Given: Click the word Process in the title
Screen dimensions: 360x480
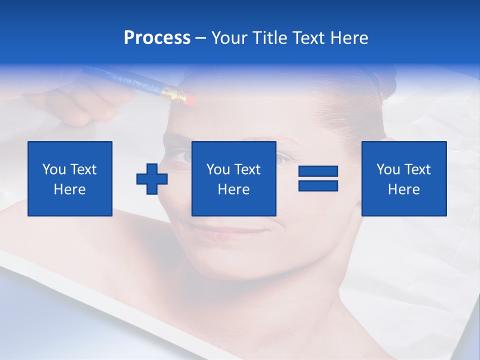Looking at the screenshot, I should click(157, 38).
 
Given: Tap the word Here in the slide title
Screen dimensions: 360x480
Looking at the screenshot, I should click(349, 38).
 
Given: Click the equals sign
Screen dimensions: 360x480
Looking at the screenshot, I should click(318, 178).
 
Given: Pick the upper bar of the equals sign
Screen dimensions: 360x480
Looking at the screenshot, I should click(318, 171).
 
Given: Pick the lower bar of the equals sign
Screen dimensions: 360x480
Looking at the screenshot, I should click(318, 186).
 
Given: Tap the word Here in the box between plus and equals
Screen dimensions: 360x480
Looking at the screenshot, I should click(234, 189).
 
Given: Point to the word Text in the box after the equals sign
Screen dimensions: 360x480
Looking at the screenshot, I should click(417, 169).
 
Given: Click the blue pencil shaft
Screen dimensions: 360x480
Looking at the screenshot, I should click(125, 80).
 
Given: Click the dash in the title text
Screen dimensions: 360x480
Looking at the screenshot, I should click(200, 38).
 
